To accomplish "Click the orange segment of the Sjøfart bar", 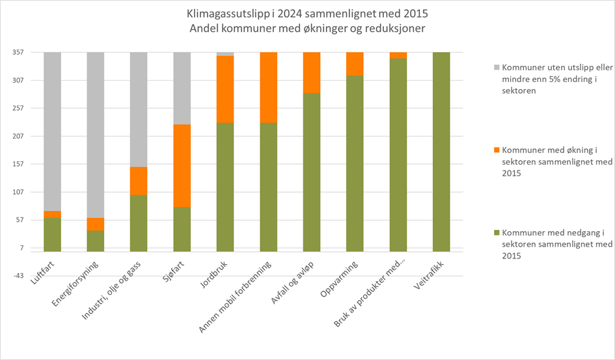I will (x=182, y=165).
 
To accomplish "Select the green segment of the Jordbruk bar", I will (x=225, y=187).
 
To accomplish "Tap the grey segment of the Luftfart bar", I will (x=52, y=130).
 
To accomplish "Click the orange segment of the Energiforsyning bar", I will (x=95, y=224).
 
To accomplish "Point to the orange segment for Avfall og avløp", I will (x=312, y=72).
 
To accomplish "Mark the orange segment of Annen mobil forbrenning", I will (x=268, y=87).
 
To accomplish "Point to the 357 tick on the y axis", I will (x=16, y=53).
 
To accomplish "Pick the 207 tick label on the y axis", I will (x=16, y=137).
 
